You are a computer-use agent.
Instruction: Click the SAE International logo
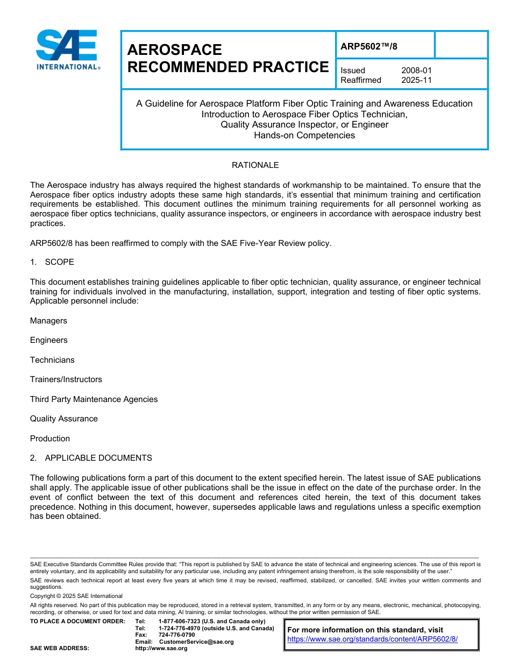(67, 50)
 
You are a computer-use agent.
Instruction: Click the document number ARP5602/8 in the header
(369, 46)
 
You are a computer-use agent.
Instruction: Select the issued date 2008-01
(416, 71)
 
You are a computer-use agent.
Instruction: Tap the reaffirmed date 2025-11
(416, 80)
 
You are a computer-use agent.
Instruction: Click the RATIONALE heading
(255, 165)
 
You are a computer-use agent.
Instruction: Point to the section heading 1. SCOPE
(52, 262)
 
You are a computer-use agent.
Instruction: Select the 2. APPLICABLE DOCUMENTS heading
(91, 458)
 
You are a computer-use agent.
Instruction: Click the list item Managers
(48, 321)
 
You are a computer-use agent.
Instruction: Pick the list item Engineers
(49, 340)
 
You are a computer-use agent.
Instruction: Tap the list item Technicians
(52, 360)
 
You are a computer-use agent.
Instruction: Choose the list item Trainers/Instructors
(66, 379)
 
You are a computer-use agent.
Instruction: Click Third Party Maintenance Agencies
(94, 399)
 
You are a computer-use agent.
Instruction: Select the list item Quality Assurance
(63, 419)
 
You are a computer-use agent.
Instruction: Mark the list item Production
(50, 439)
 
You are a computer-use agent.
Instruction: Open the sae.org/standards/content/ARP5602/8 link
(372, 639)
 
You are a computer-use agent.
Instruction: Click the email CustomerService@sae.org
(196, 642)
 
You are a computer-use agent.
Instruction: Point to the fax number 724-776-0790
(176, 635)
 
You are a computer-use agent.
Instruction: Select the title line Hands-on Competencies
(304, 136)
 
